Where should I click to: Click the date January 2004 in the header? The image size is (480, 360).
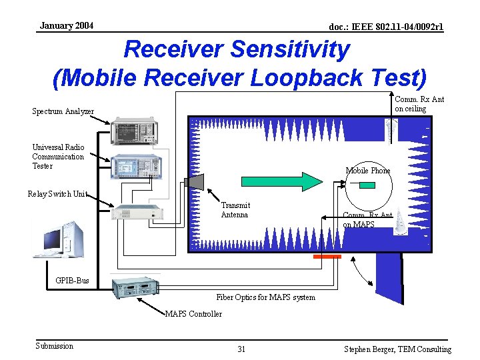(x=66, y=26)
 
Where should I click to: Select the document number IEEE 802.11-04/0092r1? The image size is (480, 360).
(x=387, y=27)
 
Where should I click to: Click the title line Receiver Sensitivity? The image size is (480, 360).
(x=237, y=49)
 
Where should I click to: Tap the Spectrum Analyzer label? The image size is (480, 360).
(x=63, y=111)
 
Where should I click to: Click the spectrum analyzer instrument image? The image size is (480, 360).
(x=137, y=131)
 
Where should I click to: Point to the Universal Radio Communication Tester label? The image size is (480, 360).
(x=58, y=157)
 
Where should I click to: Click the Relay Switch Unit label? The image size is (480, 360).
(x=57, y=194)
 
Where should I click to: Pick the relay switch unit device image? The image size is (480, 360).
(x=137, y=213)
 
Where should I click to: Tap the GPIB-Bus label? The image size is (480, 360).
(x=72, y=281)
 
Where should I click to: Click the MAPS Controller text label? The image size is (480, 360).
(x=193, y=314)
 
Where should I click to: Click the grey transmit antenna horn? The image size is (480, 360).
(x=194, y=181)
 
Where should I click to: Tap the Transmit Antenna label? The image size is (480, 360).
(x=235, y=210)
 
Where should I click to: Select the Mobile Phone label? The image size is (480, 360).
(x=367, y=171)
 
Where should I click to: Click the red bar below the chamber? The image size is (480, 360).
(x=327, y=256)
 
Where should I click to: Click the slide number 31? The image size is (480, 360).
(x=241, y=349)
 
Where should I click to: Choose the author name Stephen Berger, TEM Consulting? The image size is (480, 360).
(x=397, y=349)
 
